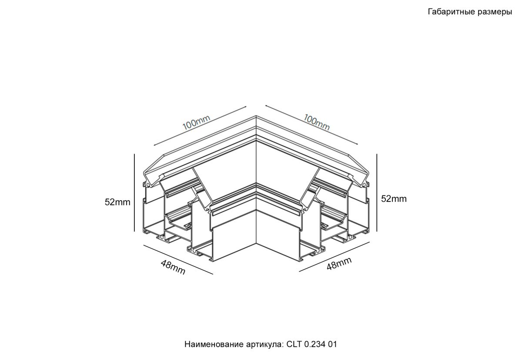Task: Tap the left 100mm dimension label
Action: pos(196,123)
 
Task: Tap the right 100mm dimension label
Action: pos(317,122)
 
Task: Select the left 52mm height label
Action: pos(117,202)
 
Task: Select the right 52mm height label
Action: pos(394,199)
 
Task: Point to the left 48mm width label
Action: pos(173,267)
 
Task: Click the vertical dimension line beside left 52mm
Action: pos(134,192)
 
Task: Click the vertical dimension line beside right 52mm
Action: pos(377,192)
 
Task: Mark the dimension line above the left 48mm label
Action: pos(178,259)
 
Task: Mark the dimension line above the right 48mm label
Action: pos(335,257)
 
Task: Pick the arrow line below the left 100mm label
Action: pos(200,126)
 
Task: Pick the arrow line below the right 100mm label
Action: pos(311,125)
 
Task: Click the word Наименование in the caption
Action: pos(214,344)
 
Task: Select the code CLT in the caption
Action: pos(294,344)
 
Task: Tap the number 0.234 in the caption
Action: pos(315,344)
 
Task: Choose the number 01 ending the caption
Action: pos(332,344)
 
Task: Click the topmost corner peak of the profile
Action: pos(256,116)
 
